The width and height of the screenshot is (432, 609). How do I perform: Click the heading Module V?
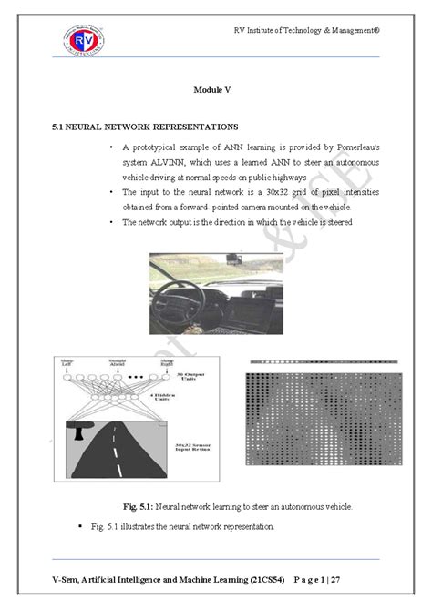(215, 89)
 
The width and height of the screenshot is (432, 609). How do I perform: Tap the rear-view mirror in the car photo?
(232, 256)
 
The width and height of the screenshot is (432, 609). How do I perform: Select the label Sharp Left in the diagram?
(66, 365)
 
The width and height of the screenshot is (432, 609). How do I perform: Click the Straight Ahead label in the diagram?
(117, 365)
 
